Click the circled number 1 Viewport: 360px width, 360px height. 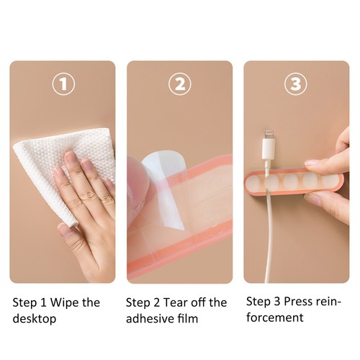[63, 84]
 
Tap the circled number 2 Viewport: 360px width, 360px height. [180, 84]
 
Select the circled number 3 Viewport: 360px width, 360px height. [296, 84]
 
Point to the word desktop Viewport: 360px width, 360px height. [35, 319]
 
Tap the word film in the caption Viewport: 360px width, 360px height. [188, 319]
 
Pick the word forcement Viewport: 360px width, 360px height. [275, 318]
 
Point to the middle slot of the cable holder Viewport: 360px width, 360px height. [291, 181]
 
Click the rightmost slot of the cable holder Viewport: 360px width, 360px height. [330, 181]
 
